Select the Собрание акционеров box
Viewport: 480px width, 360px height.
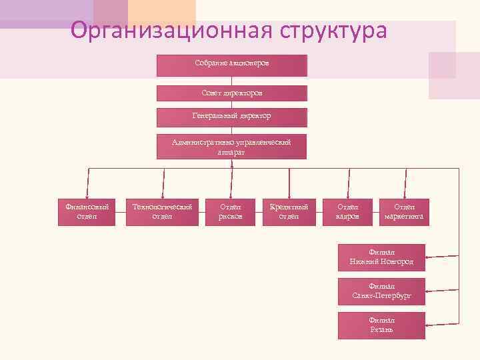pyautogui.click(x=232, y=65)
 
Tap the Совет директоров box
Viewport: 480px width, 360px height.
pyautogui.click(x=232, y=93)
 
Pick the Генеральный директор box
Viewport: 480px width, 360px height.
pyautogui.click(x=232, y=117)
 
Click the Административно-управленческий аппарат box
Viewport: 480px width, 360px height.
pyautogui.click(x=232, y=147)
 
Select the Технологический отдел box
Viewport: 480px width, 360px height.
pyautogui.click(x=162, y=212)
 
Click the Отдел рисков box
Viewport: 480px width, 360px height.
pyautogui.click(x=231, y=212)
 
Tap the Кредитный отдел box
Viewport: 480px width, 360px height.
pyautogui.click(x=289, y=212)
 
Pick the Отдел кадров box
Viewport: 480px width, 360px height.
pyautogui.click(x=347, y=212)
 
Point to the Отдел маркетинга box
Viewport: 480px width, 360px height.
pyautogui.click(x=403, y=212)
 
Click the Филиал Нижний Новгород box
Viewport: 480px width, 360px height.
pyautogui.click(x=381, y=257)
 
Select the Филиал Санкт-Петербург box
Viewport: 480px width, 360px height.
pyautogui.click(x=381, y=291)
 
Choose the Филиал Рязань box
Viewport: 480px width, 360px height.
pyautogui.click(x=381, y=325)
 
